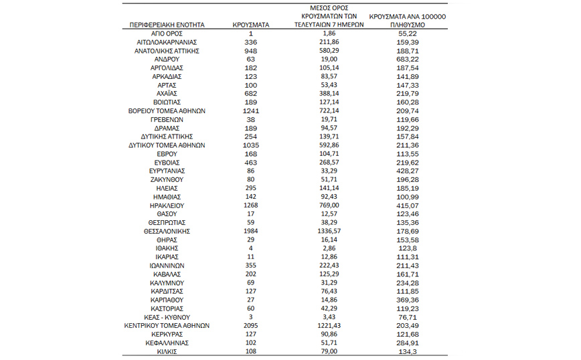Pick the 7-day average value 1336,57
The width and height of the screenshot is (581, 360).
[x=329, y=231]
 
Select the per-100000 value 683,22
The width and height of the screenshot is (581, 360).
[x=408, y=59]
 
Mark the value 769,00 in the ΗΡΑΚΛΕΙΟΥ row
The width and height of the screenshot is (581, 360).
[x=329, y=205]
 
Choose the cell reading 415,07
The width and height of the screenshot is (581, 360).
[x=408, y=205]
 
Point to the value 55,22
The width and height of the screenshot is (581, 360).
[x=408, y=33]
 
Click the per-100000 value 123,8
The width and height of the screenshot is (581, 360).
[x=408, y=248]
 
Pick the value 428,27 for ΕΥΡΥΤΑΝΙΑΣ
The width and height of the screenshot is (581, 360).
[x=408, y=171]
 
